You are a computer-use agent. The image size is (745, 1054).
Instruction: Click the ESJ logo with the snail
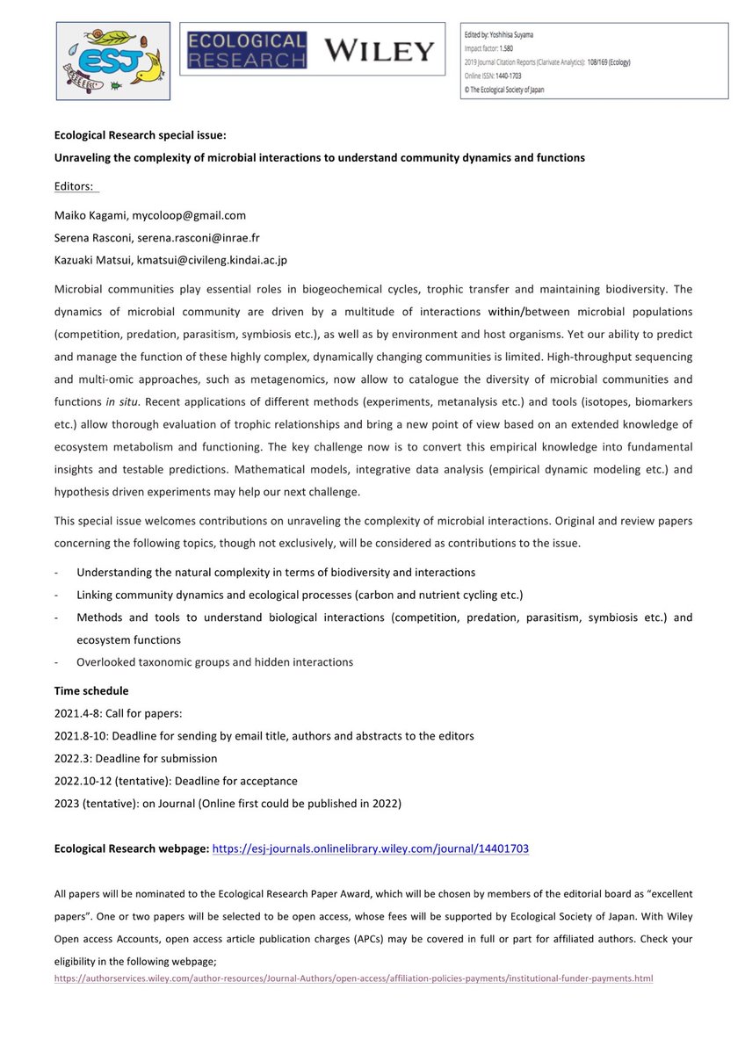pos(113,60)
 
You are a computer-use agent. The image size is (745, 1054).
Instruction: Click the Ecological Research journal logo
pos(244,51)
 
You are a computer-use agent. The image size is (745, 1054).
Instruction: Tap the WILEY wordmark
pos(379,51)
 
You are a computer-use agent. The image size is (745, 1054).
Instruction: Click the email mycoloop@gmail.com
pos(189,215)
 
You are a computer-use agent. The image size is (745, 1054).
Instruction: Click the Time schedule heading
pos(91,691)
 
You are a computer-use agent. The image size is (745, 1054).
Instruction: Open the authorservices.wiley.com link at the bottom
pos(353,978)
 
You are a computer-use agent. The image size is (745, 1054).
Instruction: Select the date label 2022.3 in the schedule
pos(71,758)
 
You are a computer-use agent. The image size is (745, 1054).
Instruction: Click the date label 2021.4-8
pos(77,714)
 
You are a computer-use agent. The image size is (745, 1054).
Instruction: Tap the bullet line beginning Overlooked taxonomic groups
pos(214,662)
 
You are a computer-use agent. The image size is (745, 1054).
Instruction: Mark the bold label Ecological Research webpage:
pos(132,848)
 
